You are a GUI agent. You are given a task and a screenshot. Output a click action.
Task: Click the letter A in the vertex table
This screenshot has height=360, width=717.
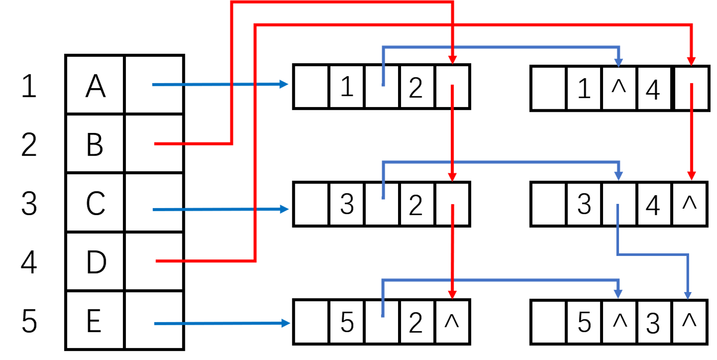(95, 86)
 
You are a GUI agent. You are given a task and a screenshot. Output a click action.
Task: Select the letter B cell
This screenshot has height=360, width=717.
(95, 144)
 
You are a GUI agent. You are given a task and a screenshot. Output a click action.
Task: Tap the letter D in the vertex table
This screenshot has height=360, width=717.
(96, 262)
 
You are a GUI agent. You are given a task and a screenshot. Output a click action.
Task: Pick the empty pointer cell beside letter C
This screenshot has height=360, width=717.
(154, 202)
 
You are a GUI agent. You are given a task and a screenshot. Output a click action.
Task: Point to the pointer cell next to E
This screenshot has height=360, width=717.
(154, 320)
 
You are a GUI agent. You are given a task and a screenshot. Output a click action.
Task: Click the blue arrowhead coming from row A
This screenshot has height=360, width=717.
(284, 84)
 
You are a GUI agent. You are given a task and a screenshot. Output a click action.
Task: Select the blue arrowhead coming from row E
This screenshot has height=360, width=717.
(286, 323)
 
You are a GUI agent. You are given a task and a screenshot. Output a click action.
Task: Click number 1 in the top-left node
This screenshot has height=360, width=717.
(346, 87)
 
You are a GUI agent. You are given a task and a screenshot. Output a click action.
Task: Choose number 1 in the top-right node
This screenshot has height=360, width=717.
(584, 89)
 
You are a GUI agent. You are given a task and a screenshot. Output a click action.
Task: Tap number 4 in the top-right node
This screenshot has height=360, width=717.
(653, 89)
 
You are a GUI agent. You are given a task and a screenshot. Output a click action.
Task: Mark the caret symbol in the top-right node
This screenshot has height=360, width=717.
(619, 87)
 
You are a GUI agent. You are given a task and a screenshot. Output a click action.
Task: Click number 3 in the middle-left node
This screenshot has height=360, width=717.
(346, 204)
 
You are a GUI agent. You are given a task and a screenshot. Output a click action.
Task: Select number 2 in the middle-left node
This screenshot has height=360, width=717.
(416, 205)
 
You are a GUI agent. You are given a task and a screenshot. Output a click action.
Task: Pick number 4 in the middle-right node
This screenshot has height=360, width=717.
(653, 205)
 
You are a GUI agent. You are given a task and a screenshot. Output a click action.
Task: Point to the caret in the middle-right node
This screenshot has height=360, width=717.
(689, 202)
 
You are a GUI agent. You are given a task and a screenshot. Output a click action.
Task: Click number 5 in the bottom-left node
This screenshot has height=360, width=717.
(346, 322)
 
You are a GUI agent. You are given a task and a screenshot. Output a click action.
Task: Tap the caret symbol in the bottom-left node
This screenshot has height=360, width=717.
(451, 321)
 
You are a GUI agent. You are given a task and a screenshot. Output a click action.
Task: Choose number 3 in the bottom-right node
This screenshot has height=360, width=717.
(653, 323)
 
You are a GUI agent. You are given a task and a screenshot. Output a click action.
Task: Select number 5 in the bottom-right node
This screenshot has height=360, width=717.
(584, 322)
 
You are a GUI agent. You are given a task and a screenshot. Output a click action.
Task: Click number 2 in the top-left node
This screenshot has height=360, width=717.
(416, 88)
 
